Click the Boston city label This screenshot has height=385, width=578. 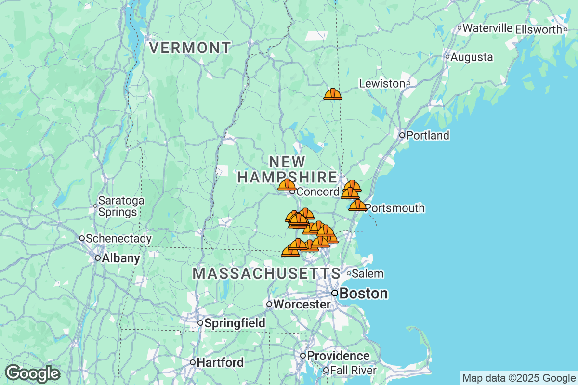363,293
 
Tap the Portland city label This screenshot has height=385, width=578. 427,135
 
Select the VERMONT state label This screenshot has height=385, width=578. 190,48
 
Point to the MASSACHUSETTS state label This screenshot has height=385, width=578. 266,273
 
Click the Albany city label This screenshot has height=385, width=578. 120,258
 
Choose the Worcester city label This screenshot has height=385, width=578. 302,304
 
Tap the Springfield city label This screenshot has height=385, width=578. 235,323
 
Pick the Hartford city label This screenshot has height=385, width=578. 220,362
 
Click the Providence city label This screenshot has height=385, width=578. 338,356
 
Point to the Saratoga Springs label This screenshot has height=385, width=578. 118,206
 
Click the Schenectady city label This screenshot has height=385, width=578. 118,238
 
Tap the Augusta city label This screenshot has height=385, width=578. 472,57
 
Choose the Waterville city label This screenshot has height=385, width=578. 487,28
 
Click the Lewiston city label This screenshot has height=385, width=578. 382,84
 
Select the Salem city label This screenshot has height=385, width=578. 368,274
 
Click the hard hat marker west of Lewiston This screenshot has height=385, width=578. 333,94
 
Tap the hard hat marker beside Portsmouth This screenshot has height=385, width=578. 357,205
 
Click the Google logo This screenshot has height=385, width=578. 33,373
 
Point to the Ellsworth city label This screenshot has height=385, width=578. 539,29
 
